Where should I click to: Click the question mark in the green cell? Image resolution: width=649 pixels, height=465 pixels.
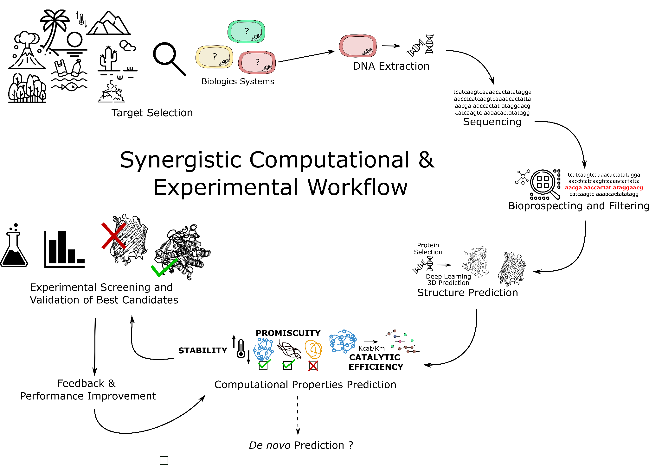click(247, 31)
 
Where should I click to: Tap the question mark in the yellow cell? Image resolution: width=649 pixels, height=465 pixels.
click(215, 56)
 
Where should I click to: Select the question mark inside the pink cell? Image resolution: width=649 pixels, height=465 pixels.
click(257, 62)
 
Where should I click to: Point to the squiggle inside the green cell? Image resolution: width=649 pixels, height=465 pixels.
click(256, 37)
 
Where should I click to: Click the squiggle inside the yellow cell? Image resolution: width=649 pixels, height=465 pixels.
click(224, 63)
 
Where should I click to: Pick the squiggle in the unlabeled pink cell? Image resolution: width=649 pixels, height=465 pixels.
click(368, 52)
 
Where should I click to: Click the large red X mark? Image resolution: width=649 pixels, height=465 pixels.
click(114, 236)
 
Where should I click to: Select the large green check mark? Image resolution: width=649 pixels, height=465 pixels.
click(164, 268)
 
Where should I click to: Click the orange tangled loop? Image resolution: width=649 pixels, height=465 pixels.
click(313, 349)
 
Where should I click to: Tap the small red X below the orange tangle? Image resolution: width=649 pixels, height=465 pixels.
click(313, 366)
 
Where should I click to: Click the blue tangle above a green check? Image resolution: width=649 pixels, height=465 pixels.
click(263, 349)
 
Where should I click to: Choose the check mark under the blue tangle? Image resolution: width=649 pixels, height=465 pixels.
click(264, 364)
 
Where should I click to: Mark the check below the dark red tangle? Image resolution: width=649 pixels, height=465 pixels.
click(288, 364)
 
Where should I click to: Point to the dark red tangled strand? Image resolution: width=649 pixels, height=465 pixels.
click(289, 349)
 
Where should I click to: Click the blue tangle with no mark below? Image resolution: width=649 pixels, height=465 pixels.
click(343, 341)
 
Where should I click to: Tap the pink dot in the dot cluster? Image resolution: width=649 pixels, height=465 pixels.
click(400, 342)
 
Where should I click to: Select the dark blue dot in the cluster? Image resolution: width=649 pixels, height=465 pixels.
click(395, 336)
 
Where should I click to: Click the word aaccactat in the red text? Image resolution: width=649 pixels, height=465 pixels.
click(597, 188)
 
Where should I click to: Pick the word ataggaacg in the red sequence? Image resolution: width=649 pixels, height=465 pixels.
click(628, 188)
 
